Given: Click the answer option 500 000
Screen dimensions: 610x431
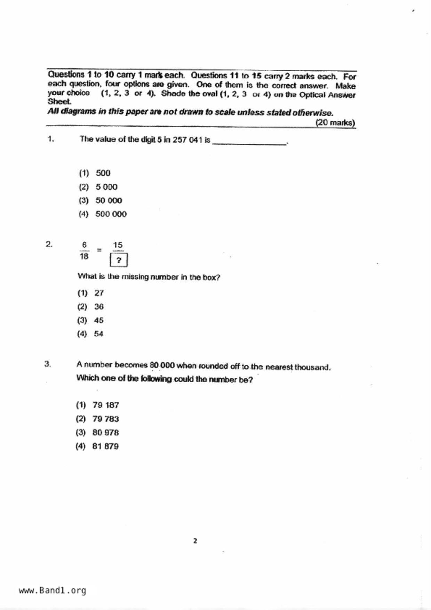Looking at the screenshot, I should click(111, 214).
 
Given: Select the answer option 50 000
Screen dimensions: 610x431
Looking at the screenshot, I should click(109, 200).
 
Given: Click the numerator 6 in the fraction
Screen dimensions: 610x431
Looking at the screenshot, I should click(84, 245).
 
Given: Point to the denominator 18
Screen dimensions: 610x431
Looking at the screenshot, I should click(84, 256).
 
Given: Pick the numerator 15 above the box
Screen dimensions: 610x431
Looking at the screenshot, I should click(118, 245).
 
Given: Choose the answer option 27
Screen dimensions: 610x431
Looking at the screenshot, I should click(99, 293).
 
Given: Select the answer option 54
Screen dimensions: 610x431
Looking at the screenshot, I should click(98, 334).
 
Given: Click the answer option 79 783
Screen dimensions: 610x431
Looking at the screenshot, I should click(105, 419).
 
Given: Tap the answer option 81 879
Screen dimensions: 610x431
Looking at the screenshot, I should click(105, 446).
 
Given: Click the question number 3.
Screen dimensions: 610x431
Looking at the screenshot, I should click(48, 364).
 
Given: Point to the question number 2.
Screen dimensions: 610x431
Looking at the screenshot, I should click(49, 244).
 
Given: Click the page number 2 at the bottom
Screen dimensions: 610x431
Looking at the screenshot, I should click(195, 541).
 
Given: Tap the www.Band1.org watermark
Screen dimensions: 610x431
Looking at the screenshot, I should click(52, 590).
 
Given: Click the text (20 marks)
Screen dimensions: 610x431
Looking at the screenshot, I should click(335, 122).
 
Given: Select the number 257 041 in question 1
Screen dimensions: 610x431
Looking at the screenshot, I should click(187, 140).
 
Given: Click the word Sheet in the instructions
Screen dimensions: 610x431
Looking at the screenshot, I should click(59, 102).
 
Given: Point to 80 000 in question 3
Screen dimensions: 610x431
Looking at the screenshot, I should click(162, 365).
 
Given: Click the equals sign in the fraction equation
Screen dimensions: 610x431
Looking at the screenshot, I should click(99, 250).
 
